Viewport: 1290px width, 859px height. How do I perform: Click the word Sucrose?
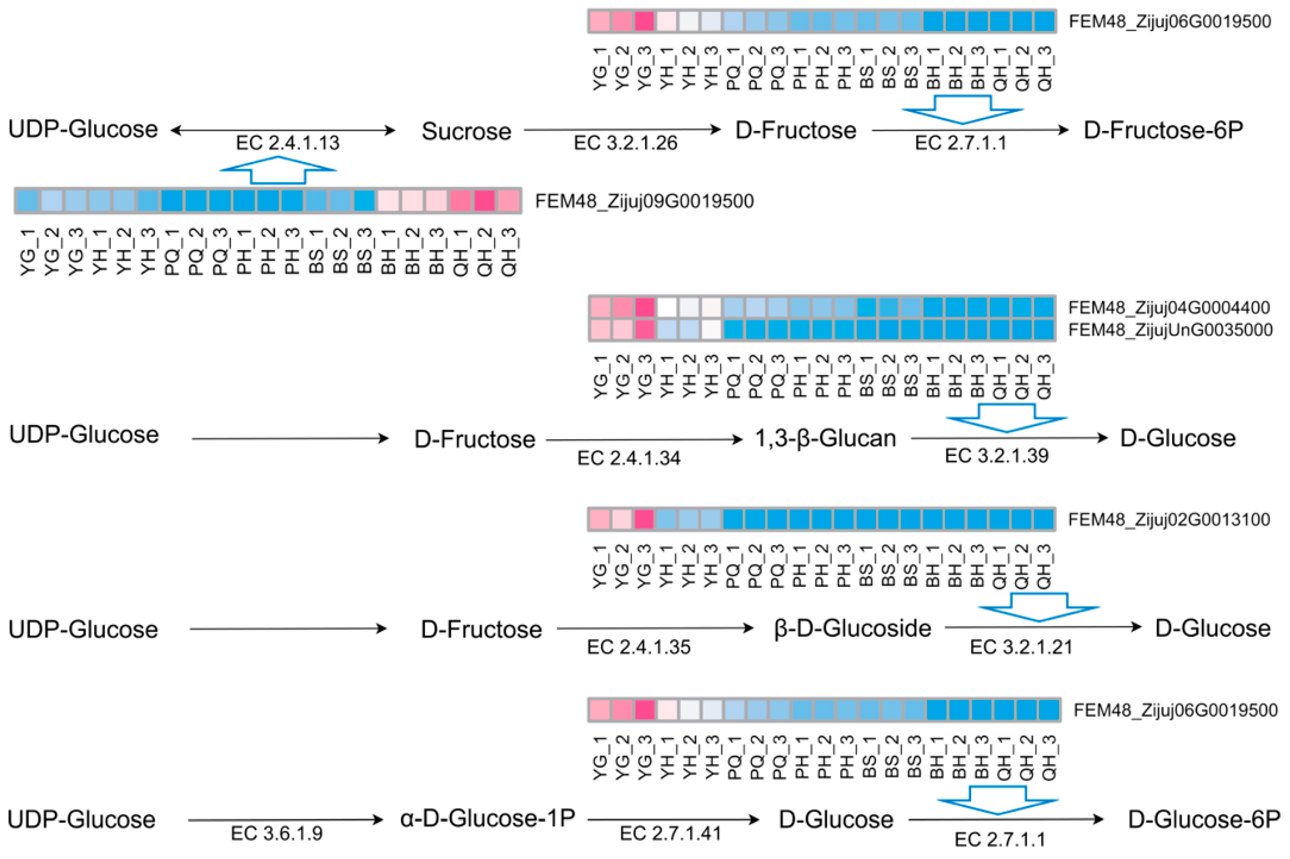(x=466, y=131)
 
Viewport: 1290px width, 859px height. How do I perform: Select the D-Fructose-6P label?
(x=1163, y=130)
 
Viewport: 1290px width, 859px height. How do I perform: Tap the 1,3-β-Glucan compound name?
(x=826, y=438)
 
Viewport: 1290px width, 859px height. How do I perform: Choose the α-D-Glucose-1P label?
(x=488, y=819)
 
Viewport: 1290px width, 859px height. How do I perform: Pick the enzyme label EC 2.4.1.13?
(x=288, y=143)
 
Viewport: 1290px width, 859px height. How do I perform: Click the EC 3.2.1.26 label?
(x=626, y=143)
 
